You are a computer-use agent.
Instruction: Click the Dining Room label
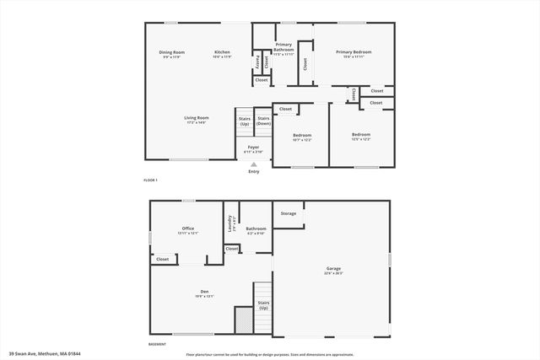(171, 54)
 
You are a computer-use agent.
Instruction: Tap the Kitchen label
(222, 54)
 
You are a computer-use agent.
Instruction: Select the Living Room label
(197, 120)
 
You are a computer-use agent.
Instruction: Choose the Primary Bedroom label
(353, 53)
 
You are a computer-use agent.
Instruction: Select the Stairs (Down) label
(263, 121)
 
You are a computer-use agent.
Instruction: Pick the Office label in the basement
(187, 229)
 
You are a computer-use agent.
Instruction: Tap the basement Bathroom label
(256, 229)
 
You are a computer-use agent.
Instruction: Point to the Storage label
(289, 213)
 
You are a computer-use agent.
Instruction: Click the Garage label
(334, 271)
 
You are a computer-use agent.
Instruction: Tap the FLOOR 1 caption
(150, 181)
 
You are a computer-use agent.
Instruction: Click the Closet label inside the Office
(162, 259)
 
